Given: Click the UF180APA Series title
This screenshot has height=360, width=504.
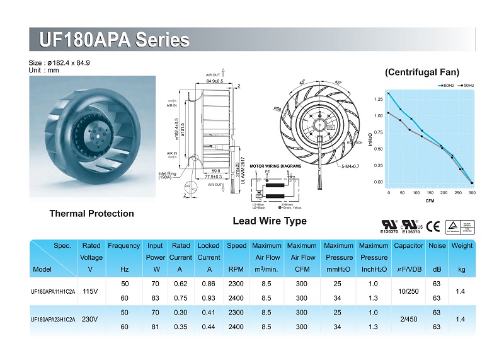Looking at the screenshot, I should pos(114,40).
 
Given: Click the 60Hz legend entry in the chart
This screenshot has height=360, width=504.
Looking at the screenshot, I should pos(446,84).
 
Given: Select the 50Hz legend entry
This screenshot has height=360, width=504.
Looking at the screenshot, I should pos(466,84).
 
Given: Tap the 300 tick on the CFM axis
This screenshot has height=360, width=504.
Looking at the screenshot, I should pos(472,192).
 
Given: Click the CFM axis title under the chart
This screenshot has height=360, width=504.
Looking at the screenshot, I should pos(430,201).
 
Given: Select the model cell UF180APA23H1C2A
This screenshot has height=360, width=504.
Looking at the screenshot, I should pos(53,320).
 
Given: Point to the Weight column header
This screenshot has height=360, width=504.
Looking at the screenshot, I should pos(462,245).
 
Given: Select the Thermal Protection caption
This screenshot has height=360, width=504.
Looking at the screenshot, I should pos(91,214).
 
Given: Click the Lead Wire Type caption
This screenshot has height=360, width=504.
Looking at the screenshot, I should pos(270,221).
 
